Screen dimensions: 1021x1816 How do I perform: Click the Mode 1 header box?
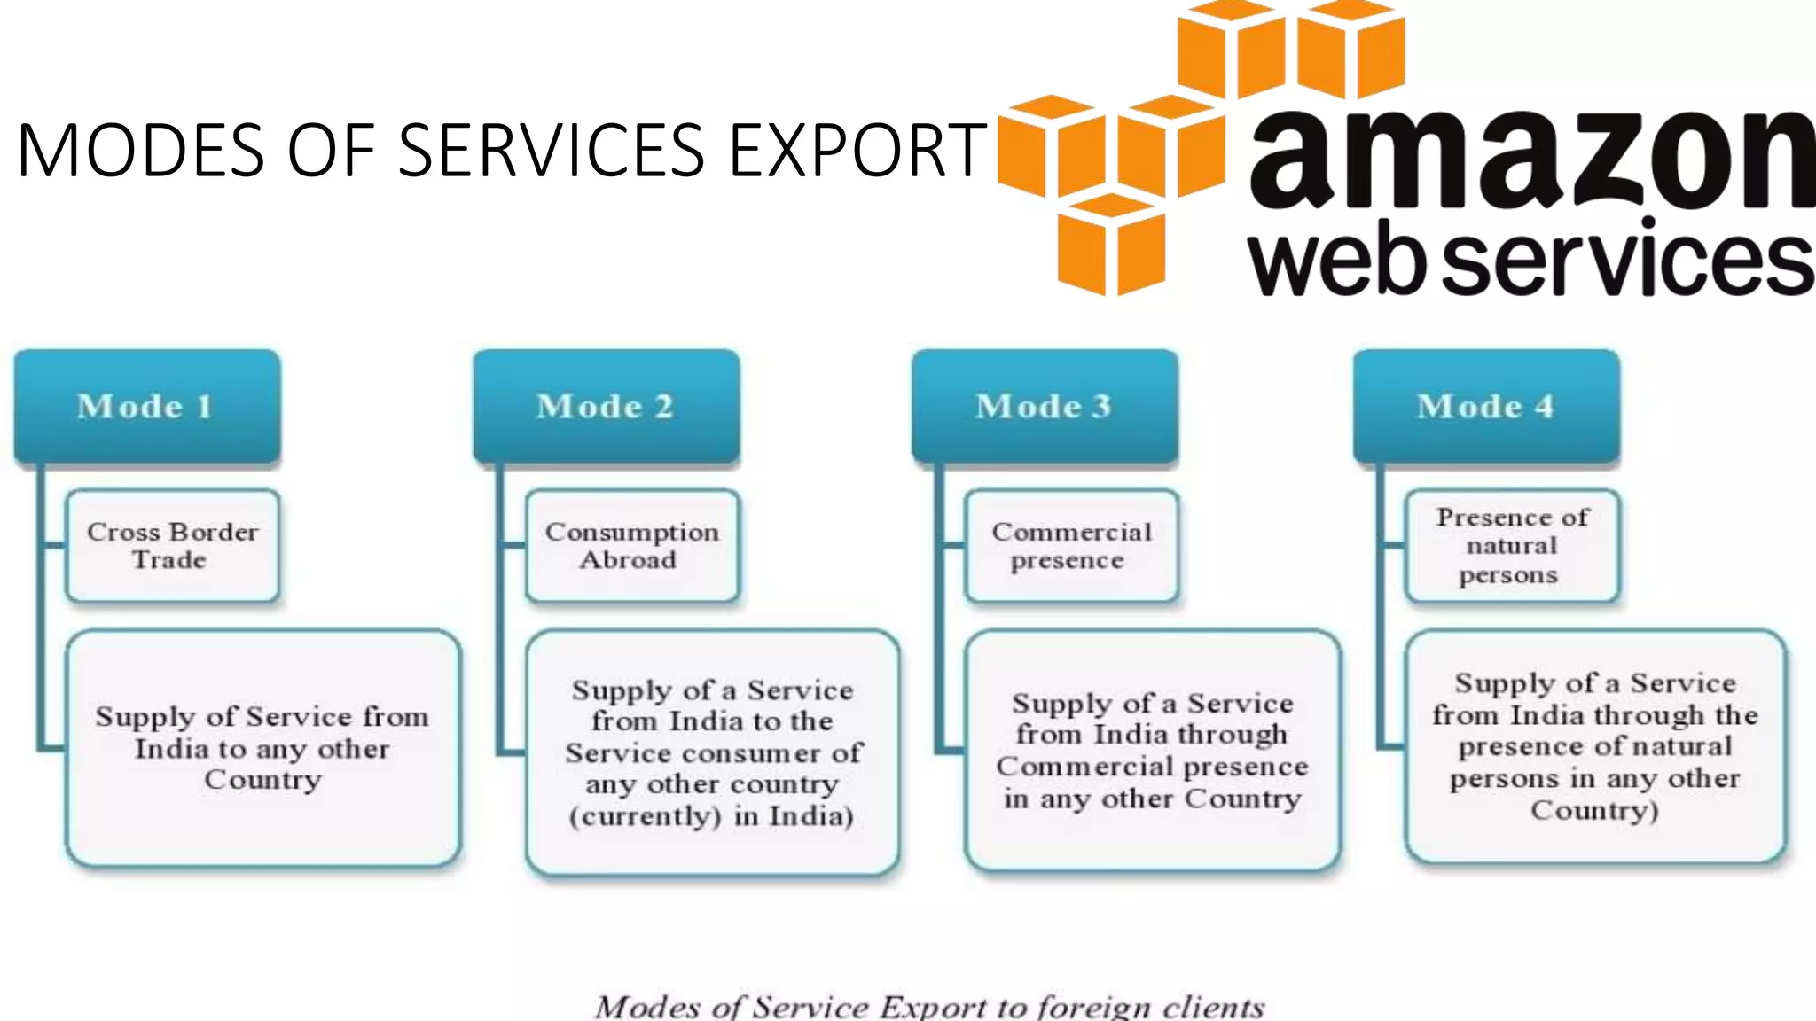[x=146, y=406]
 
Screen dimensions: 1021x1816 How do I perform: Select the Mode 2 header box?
[x=606, y=406]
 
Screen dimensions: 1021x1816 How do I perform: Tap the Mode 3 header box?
[x=1045, y=406]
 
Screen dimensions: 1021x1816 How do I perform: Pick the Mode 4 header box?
[x=1485, y=406]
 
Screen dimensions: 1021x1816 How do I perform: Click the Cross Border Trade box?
[x=173, y=546]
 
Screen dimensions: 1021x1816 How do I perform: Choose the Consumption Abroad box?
[x=631, y=546]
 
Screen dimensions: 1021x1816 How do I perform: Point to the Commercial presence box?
[x=1071, y=546]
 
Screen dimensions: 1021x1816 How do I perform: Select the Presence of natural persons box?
[x=1512, y=546]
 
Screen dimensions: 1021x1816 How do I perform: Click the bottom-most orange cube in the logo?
[x=1110, y=244]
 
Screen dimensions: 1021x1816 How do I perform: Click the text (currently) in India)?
[x=711, y=815]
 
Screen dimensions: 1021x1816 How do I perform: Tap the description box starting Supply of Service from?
[x=263, y=748]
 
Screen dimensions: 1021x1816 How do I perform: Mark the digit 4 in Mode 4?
[x=1544, y=407]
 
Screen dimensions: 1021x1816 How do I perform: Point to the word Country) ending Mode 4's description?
[x=1593, y=810]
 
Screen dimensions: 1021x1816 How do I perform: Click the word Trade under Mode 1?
[x=168, y=560]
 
